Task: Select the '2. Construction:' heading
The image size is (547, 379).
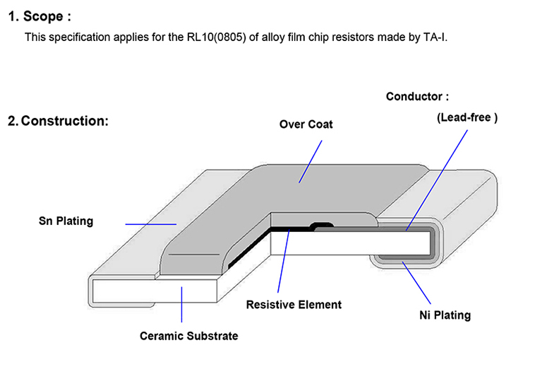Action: [x=58, y=121]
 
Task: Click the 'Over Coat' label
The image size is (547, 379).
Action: [x=306, y=124]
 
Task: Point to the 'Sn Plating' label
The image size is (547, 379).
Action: [x=66, y=221]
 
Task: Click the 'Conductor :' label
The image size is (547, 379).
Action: [x=417, y=96]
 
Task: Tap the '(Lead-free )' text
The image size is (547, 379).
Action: [x=467, y=118]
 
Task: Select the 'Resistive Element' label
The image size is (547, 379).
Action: [x=294, y=305]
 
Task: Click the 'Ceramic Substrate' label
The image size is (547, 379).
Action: [x=188, y=336]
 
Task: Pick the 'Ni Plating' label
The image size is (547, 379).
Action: [x=440, y=315]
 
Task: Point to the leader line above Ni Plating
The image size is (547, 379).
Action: [x=416, y=283]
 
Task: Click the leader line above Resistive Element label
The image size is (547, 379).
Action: [x=284, y=262]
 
